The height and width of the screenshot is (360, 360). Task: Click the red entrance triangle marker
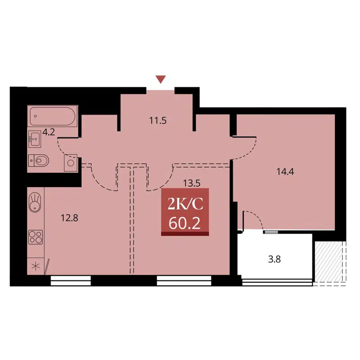point(161,80)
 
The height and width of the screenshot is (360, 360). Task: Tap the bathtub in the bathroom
point(52,117)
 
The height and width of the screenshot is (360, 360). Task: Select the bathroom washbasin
point(35,139)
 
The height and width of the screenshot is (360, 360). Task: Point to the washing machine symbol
point(70,162)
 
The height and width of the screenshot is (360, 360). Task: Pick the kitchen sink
point(36,202)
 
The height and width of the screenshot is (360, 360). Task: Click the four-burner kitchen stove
point(36,237)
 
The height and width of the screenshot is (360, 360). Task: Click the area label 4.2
point(48,133)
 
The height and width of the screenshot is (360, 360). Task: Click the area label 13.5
point(191,183)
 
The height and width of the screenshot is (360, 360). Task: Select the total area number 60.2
point(185,223)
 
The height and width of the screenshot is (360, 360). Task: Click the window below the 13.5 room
point(184,282)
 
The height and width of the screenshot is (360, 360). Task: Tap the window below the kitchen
point(71,282)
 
